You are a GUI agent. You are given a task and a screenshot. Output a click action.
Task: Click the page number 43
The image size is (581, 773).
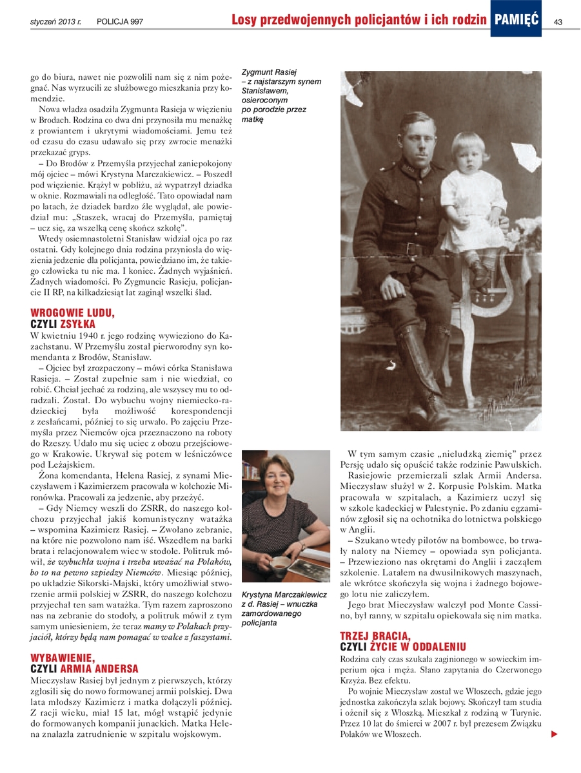coord(558,22)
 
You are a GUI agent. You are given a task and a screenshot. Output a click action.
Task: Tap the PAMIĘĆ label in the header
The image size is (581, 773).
coord(517,21)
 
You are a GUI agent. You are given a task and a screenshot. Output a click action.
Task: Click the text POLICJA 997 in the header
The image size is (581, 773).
coord(120,23)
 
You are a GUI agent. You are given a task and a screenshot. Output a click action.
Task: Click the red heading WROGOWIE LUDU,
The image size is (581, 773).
coord(72,313)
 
